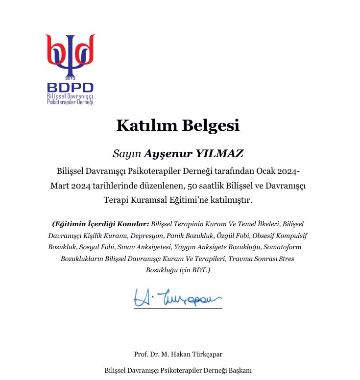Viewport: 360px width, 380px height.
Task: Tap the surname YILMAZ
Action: tap(219, 154)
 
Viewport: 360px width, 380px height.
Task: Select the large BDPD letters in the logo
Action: tap(70, 88)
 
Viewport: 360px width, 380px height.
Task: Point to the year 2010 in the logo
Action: tap(71, 78)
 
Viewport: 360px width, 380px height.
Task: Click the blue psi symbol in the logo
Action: tap(70, 56)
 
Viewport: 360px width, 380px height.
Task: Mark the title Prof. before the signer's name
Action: tap(141, 354)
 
